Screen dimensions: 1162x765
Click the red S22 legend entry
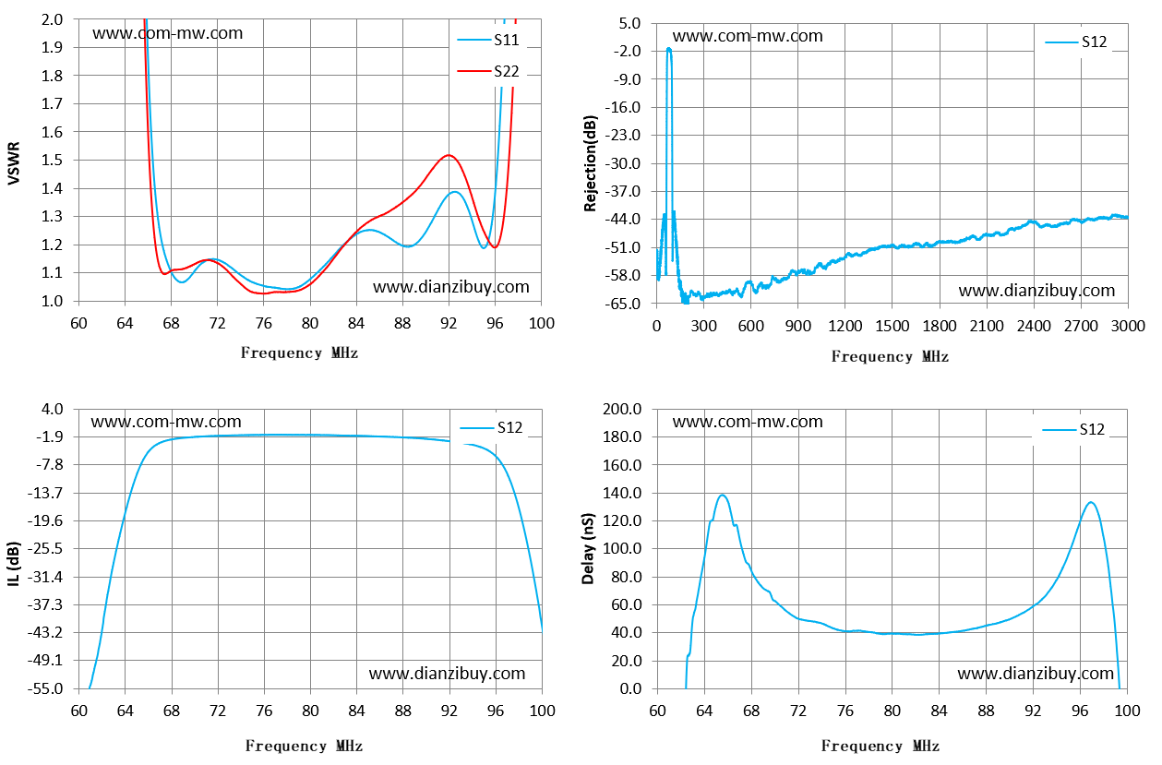(x=488, y=71)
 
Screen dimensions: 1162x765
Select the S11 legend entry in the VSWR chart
(x=488, y=40)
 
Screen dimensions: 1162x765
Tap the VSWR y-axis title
(x=14, y=162)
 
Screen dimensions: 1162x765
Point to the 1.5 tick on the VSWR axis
(x=52, y=160)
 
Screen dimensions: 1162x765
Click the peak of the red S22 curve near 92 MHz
(x=449, y=154)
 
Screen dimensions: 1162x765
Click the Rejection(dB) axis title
(x=591, y=163)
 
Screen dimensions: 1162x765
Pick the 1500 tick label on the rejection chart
(x=892, y=327)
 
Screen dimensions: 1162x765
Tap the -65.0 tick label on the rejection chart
(x=622, y=304)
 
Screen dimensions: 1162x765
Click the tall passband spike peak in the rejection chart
(x=668, y=49)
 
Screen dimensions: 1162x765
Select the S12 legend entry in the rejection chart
(x=1076, y=42)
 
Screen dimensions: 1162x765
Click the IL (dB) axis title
(x=14, y=564)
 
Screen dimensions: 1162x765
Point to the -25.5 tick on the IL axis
(x=45, y=548)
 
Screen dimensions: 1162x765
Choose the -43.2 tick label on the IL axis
(x=45, y=632)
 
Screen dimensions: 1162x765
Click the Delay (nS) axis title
(x=588, y=549)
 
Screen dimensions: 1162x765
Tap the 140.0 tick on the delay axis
(x=622, y=493)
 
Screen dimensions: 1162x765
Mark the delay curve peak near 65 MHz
(x=722, y=495)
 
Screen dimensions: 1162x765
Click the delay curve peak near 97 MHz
(x=1091, y=502)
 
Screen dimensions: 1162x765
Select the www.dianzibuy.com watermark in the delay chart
(x=1036, y=674)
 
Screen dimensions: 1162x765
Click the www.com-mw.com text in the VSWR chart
(x=168, y=33)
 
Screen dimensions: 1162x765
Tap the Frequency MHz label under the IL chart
(x=304, y=746)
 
